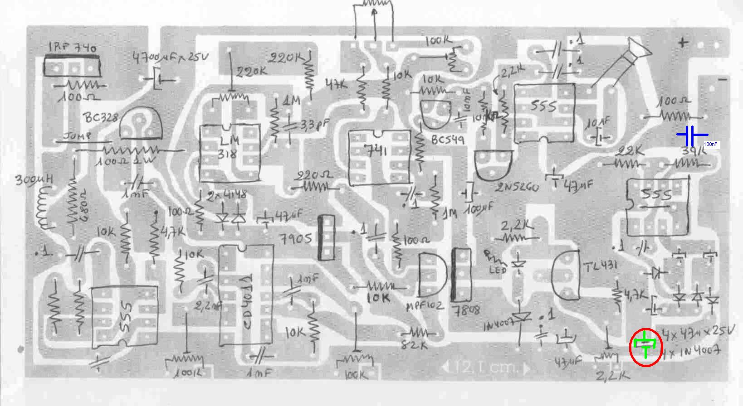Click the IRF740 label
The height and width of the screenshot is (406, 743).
pyautogui.click(x=73, y=48)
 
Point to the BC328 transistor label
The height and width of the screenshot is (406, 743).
pyautogui.click(x=101, y=118)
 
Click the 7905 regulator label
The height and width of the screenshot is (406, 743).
pyautogui.click(x=296, y=239)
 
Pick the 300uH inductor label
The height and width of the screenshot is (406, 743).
pyautogui.click(x=34, y=180)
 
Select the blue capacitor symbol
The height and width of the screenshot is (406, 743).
pyautogui.click(x=692, y=135)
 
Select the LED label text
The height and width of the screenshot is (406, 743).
pyautogui.click(x=498, y=271)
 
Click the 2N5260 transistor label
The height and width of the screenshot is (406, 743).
pyautogui.click(x=517, y=187)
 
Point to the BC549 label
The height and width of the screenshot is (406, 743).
pyautogui.click(x=448, y=140)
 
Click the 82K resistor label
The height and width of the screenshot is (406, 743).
pyautogui.click(x=415, y=344)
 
